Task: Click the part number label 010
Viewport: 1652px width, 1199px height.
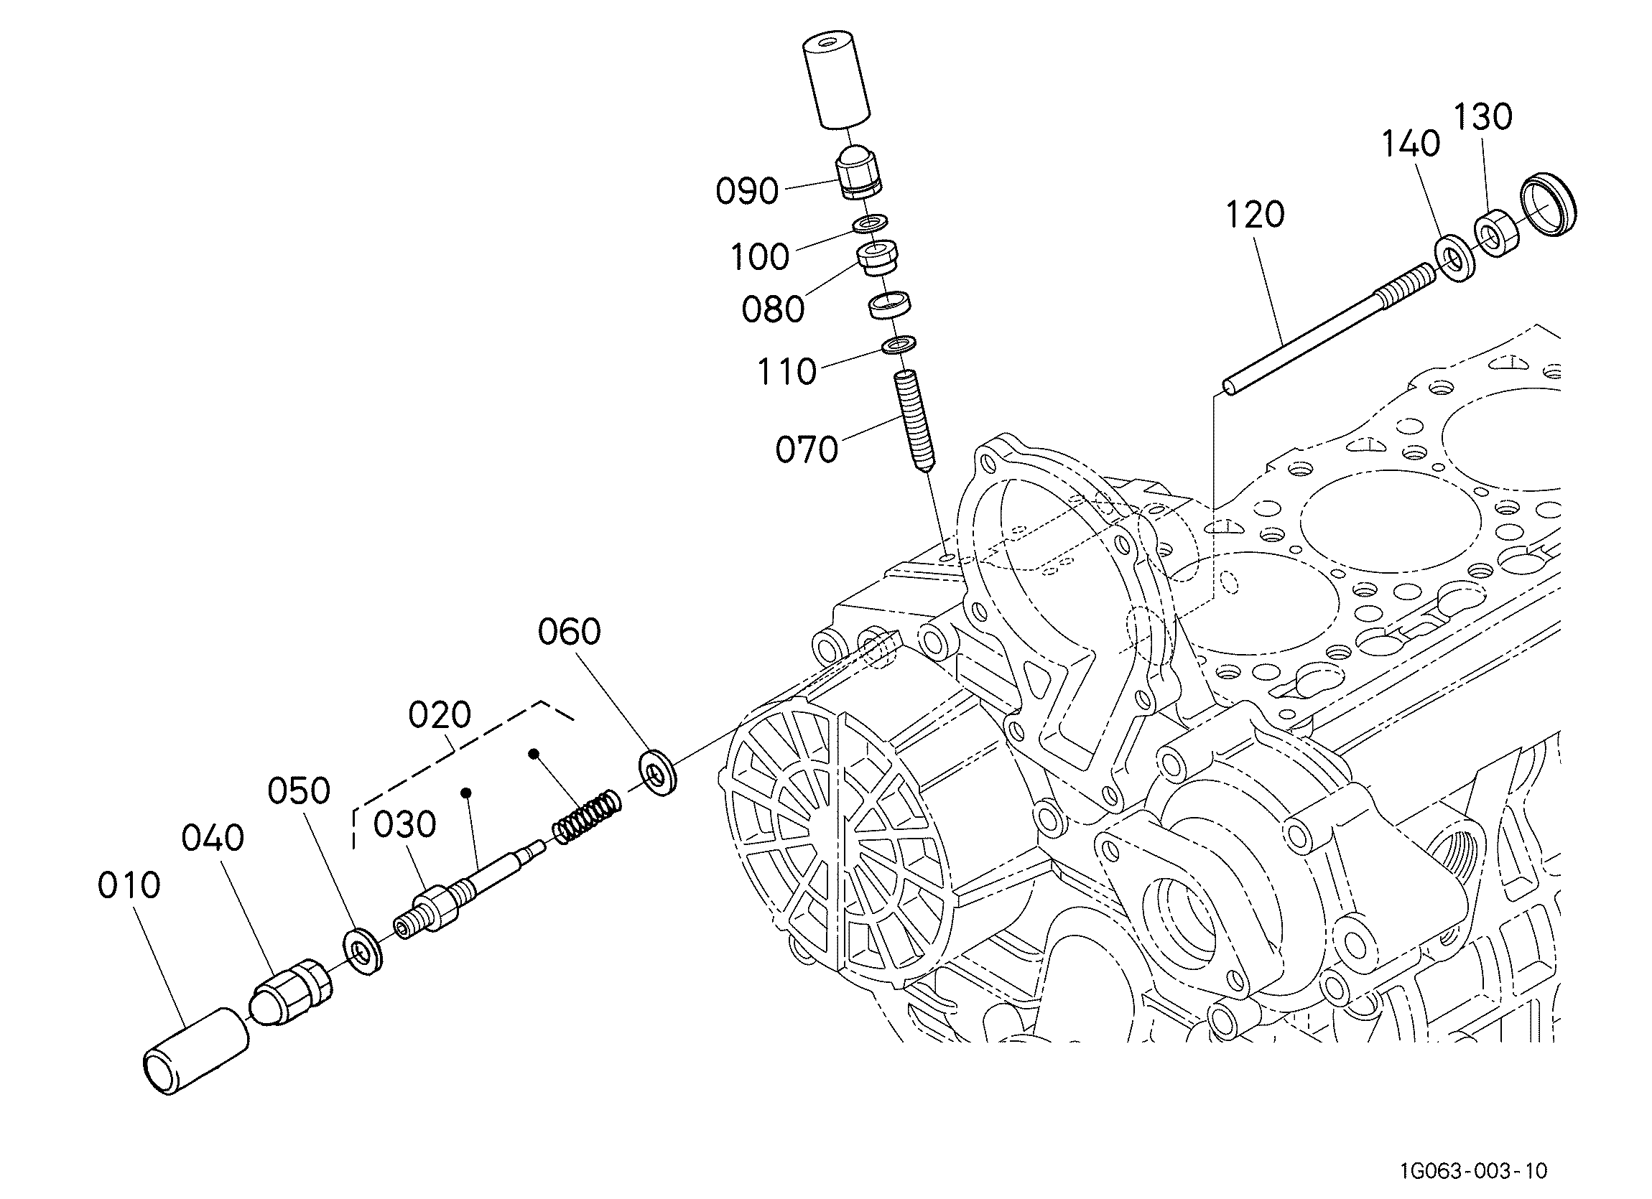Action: coord(129,886)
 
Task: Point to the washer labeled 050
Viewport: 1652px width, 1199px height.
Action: coord(362,951)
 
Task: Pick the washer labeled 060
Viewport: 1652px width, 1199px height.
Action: coord(658,771)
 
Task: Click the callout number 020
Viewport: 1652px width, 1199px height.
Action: coord(440,715)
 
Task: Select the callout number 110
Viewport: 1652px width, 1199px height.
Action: coord(786,372)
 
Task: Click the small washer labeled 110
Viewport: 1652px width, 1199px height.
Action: coord(899,344)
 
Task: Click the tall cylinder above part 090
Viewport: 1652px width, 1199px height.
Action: coord(837,81)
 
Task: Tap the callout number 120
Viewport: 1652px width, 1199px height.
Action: coord(1255,215)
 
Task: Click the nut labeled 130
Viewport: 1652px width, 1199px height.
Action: coord(1495,233)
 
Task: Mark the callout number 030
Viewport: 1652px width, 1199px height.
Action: coord(405,825)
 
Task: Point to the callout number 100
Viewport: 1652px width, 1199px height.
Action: coord(760,257)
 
